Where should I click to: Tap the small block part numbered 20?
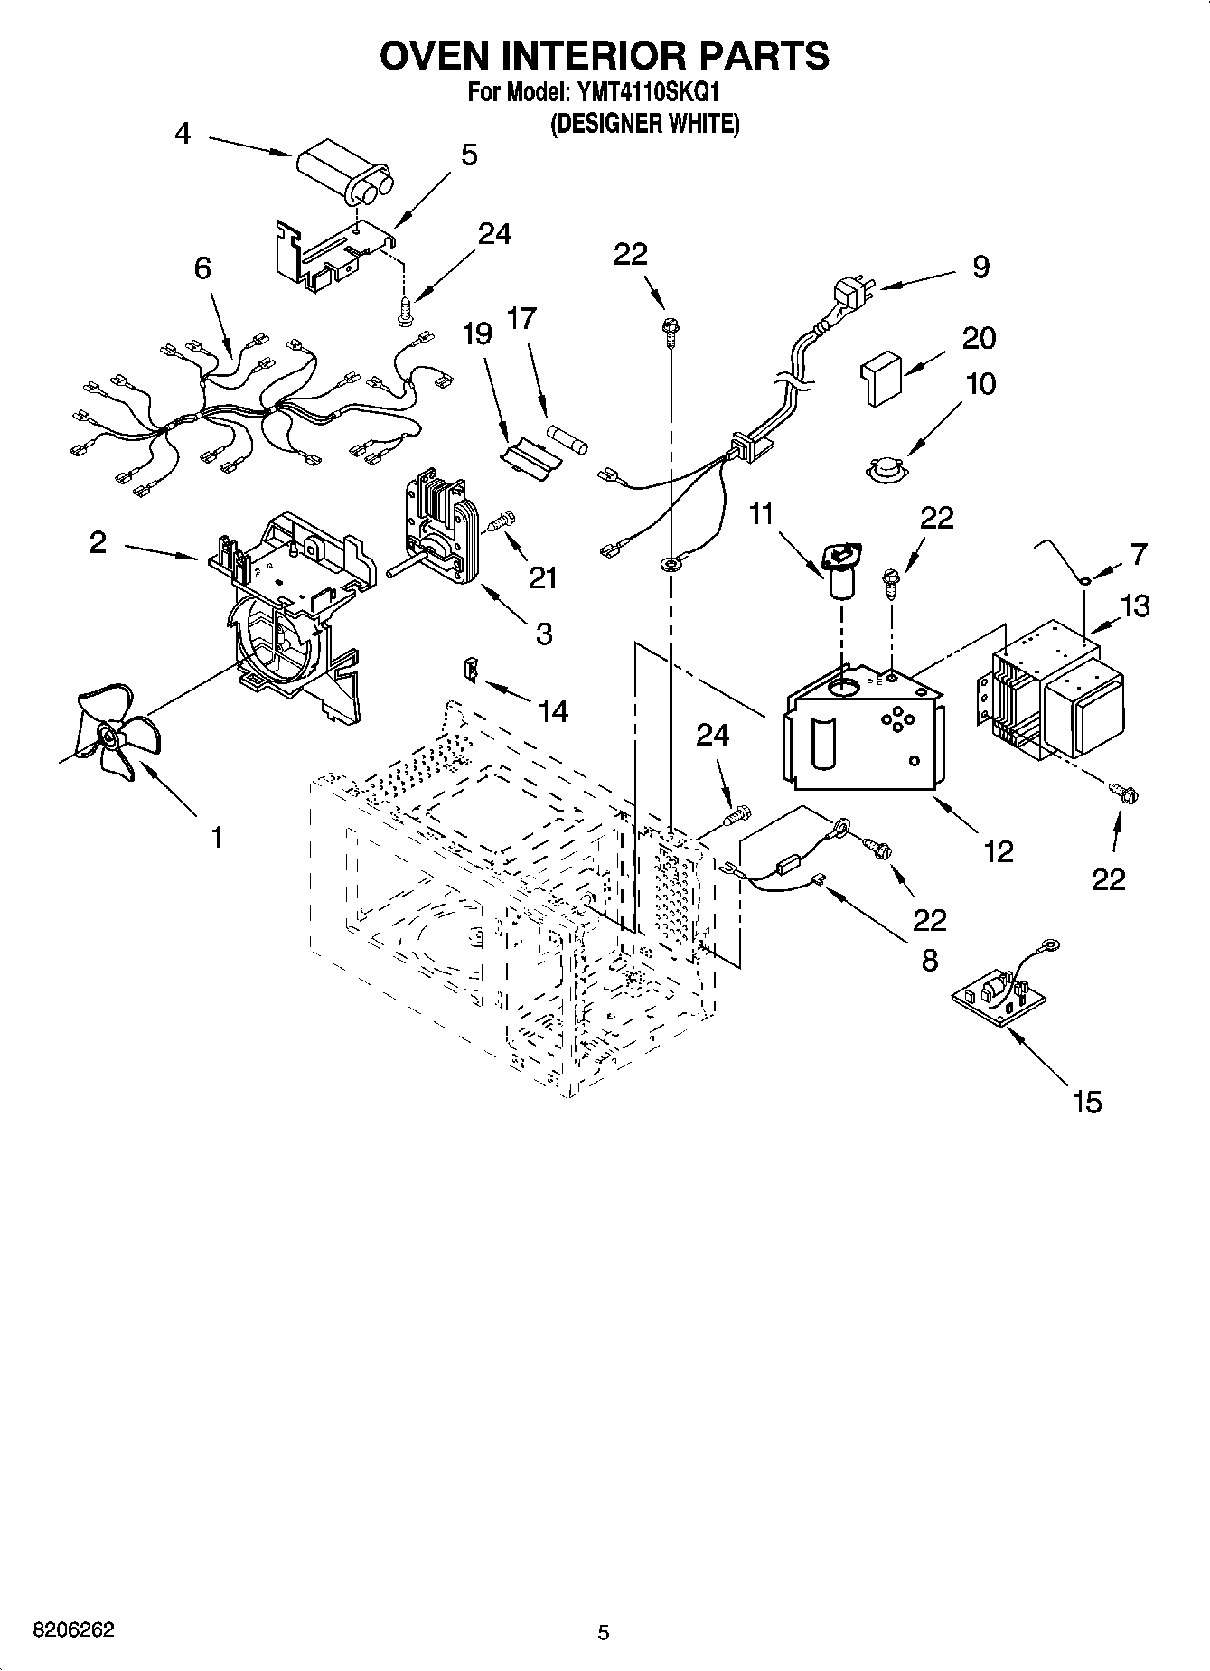pos(880,378)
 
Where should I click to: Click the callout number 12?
pos(999,851)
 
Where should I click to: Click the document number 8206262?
pos(74,1631)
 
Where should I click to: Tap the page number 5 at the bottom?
pos(604,1632)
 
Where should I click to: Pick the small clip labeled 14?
pos(471,669)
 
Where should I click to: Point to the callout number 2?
pos(98,542)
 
